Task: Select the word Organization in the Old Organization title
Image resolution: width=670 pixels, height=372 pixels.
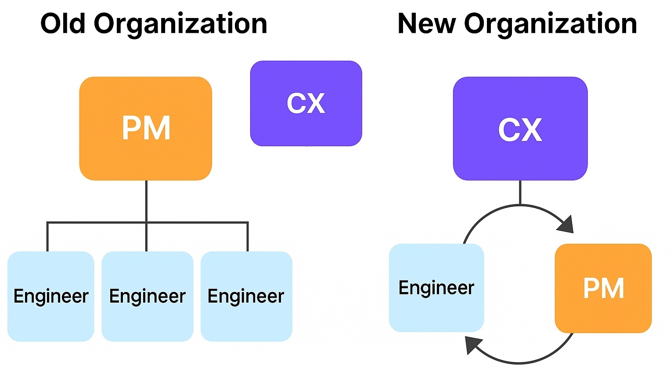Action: tap(180, 24)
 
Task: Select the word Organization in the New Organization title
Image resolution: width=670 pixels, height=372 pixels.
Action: tap(551, 24)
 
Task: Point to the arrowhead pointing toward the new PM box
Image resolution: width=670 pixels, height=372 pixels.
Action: tap(566, 224)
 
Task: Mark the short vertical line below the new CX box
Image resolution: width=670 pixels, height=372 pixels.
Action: tap(520, 192)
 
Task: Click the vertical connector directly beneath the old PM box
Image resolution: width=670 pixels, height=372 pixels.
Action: tap(146, 201)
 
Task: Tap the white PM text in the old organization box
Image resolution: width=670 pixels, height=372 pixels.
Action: tap(146, 128)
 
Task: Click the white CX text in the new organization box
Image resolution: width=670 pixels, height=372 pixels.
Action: tap(520, 130)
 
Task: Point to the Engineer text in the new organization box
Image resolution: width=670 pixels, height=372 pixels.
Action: tap(436, 288)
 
